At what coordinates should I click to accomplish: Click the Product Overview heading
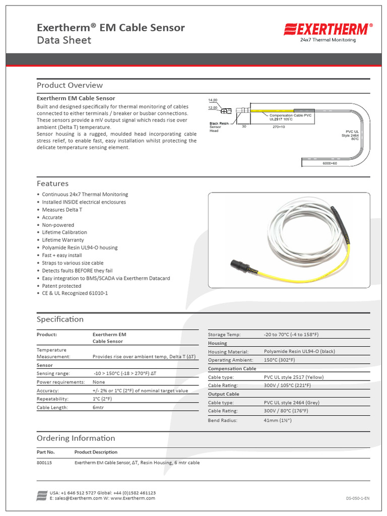(x=70, y=85)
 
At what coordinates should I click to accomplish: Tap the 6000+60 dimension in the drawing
(x=330, y=164)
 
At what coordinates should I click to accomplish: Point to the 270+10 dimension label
(x=279, y=127)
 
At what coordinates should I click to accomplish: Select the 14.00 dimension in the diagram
(x=213, y=100)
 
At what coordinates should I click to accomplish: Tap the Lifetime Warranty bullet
(x=63, y=240)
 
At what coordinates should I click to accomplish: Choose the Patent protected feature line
(x=61, y=286)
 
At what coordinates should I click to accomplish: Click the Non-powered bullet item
(x=58, y=225)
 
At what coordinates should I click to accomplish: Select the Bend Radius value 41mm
(x=278, y=420)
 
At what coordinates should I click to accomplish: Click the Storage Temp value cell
(x=291, y=335)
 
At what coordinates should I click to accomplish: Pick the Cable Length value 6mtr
(x=98, y=407)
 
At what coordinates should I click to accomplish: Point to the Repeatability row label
(x=52, y=399)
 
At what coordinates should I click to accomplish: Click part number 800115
(x=44, y=463)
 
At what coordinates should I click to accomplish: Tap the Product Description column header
(x=96, y=452)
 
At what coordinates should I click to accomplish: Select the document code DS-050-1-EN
(x=358, y=498)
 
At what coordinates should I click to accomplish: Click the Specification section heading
(x=60, y=319)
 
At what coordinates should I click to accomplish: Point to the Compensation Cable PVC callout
(x=290, y=117)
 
